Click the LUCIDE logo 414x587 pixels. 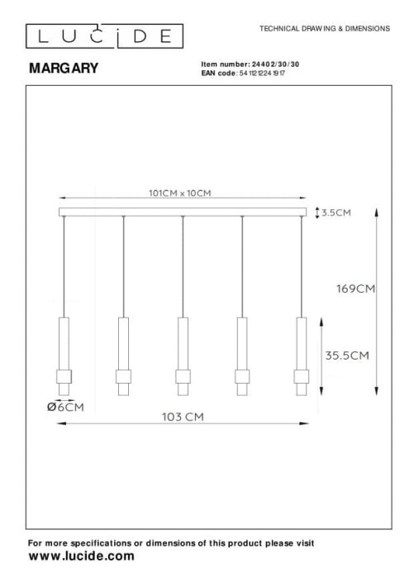104,36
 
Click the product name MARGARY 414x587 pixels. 64,68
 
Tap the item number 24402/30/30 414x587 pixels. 275,64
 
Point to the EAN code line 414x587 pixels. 243,73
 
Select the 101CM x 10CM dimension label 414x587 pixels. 180,193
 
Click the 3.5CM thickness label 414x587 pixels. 336,212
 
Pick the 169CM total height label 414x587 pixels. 355,289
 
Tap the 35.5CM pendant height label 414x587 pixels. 347,356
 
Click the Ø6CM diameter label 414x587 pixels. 65,407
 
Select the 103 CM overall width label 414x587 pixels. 183,417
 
